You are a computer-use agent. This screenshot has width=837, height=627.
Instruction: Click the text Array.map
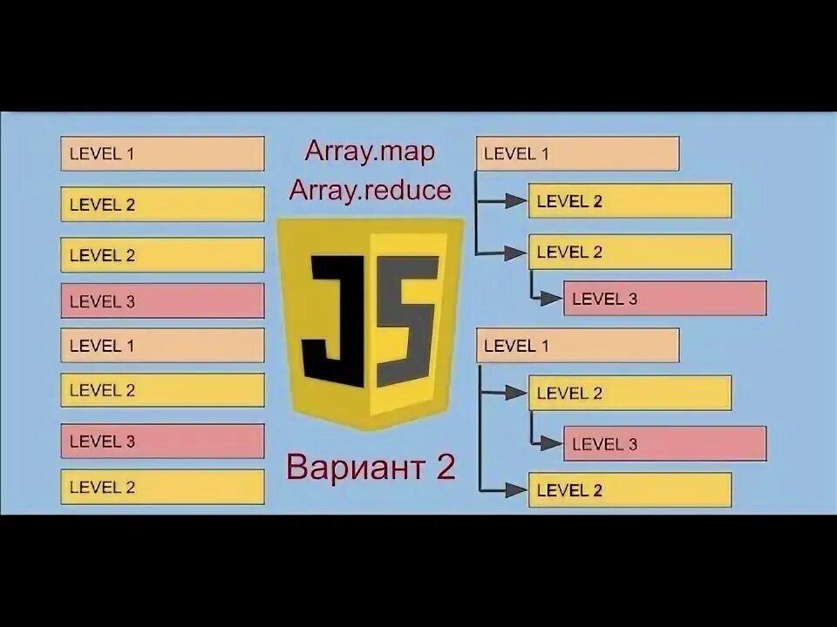tap(370, 151)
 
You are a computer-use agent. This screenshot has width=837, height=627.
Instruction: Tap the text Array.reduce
tap(371, 189)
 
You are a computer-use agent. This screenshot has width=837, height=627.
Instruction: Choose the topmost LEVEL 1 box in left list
tap(162, 154)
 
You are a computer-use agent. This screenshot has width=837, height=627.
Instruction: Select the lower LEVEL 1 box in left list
tap(162, 346)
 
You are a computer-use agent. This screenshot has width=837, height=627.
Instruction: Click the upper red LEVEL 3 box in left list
tap(162, 301)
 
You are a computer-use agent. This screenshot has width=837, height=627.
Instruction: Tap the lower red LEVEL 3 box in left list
tap(162, 441)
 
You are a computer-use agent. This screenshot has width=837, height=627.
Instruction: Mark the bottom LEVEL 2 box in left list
tap(162, 487)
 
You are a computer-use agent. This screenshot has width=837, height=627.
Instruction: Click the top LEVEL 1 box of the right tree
tap(577, 154)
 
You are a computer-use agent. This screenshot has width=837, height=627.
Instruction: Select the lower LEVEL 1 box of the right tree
tap(577, 346)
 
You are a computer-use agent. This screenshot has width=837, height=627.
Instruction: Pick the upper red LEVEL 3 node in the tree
tap(664, 299)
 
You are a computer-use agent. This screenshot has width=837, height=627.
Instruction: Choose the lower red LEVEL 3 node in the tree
tap(664, 444)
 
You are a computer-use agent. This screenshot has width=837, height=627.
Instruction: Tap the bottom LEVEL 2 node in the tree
tap(629, 490)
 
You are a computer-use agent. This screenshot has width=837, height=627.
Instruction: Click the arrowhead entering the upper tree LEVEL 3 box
tap(552, 299)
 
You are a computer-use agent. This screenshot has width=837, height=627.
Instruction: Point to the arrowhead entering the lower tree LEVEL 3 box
tap(552, 443)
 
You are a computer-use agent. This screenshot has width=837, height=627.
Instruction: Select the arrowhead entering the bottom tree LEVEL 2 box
tap(517, 490)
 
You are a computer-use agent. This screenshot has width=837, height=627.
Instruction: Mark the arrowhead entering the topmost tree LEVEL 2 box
tap(517, 201)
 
